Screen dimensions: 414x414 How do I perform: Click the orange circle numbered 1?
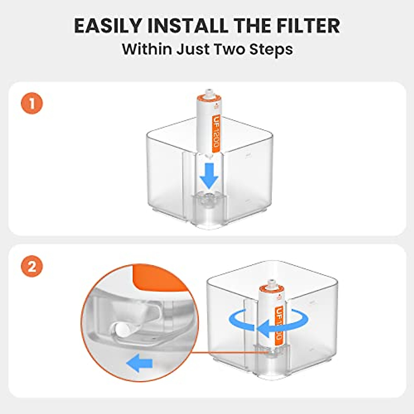click(x=32, y=103)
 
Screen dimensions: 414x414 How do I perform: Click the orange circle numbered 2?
click(x=32, y=266)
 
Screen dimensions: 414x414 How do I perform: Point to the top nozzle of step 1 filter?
click(x=208, y=93)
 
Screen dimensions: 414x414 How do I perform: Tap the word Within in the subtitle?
click(x=147, y=49)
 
